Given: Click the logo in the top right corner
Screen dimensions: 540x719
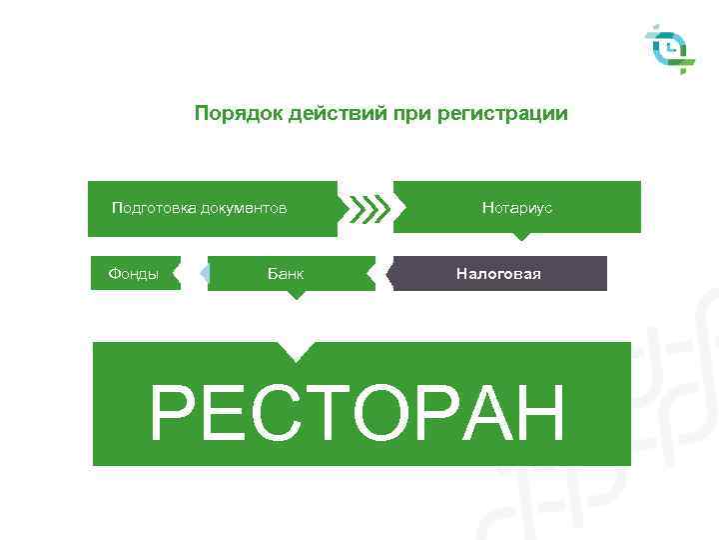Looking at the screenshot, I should point(670,49).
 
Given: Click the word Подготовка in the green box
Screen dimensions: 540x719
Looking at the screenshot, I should point(154,208).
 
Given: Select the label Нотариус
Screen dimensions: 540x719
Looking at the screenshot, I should point(517,208).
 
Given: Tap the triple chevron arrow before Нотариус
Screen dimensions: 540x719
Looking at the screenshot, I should point(368,208).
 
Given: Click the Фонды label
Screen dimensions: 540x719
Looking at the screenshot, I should point(133,273).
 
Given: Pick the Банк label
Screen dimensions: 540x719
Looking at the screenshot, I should point(286,273).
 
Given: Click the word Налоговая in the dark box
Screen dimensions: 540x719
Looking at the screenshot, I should point(498,273).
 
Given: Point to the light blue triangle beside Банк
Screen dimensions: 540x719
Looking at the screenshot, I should point(203,273).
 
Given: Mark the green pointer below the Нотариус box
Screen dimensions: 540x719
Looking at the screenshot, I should point(519,237).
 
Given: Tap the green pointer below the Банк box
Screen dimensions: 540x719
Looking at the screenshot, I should point(295,295).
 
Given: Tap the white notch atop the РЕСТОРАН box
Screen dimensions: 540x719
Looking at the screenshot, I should point(295,349).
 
